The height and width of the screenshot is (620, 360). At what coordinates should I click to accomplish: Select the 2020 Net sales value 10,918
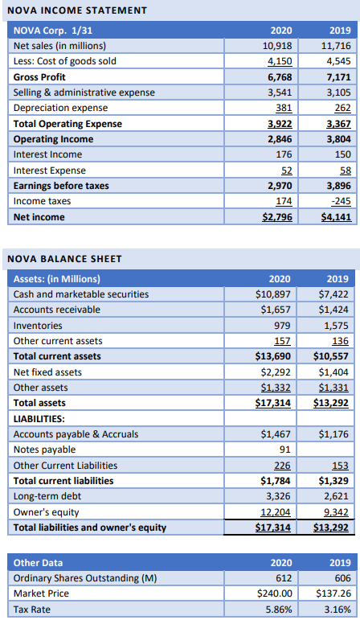[x=278, y=46]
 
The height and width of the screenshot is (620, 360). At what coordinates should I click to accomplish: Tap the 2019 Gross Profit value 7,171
[x=335, y=77]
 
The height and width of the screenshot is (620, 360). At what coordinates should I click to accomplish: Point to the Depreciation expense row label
[x=60, y=108]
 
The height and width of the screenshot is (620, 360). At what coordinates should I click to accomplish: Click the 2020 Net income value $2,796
[x=276, y=217]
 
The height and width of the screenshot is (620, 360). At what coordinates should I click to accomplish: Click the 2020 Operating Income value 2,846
[x=278, y=139]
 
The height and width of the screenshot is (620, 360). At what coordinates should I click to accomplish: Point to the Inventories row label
[x=38, y=326]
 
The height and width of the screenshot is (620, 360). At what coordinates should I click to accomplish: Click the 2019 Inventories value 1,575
[x=335, y=326]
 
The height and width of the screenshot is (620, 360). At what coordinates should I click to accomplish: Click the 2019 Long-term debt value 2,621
[x=335, y=496]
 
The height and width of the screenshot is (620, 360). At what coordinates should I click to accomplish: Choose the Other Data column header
[x=39, y=563]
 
